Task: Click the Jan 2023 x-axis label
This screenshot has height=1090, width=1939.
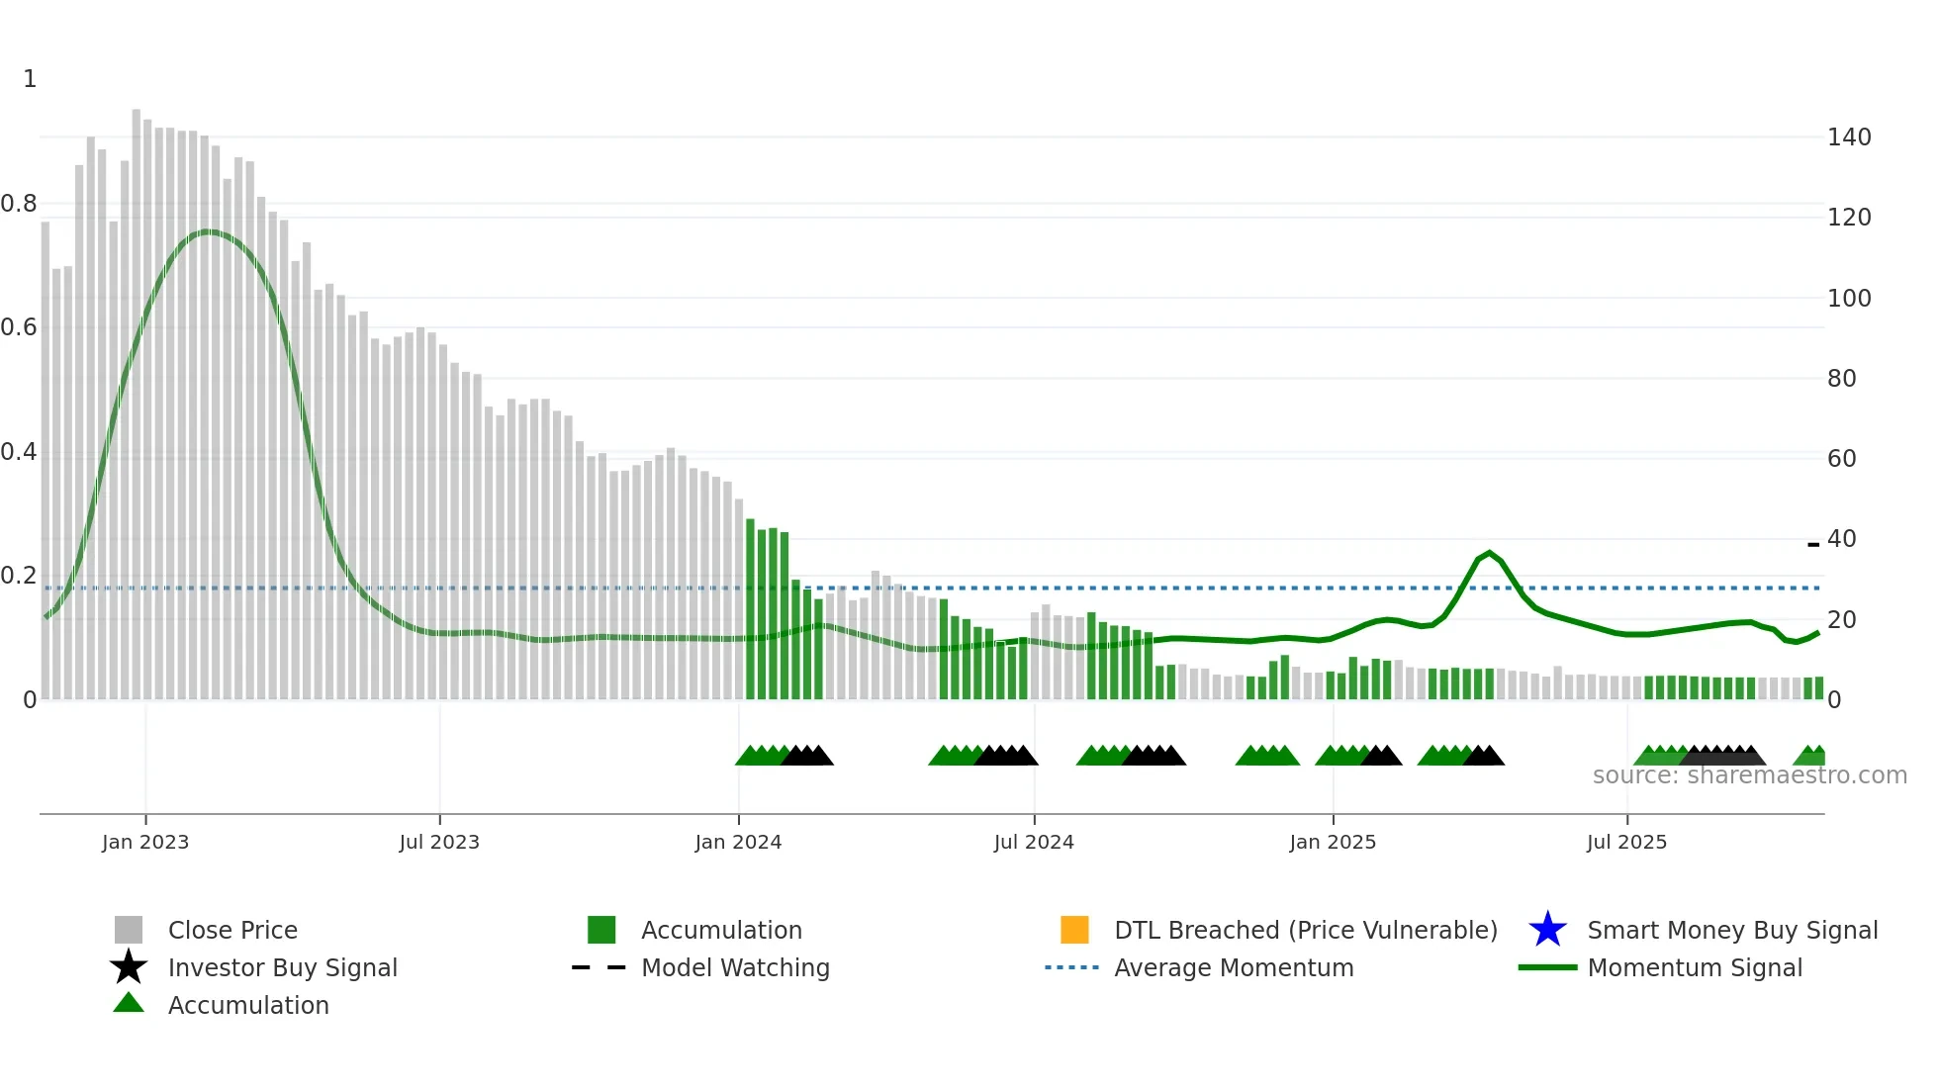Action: point(145,842)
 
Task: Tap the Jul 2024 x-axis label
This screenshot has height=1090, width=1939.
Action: point(1034,842)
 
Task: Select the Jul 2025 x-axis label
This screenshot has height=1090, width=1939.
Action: point(1626,842)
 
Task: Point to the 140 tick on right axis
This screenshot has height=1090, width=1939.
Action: point(1849,137)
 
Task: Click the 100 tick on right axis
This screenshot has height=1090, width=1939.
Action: point(1849,298)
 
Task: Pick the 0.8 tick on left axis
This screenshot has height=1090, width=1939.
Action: point(19,204)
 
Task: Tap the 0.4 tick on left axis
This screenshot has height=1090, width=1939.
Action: point(19,452)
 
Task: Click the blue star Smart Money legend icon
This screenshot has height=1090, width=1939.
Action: point(1547,930)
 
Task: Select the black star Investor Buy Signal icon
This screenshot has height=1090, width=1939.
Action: point(129,967)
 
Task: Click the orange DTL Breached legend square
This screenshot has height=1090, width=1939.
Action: point(1074,930)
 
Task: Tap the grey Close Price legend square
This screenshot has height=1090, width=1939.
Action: point(129,930)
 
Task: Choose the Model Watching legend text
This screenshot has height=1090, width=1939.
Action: point(735,967)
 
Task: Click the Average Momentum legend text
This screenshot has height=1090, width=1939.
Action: point(1234,967)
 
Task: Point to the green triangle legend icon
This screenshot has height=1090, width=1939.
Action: point(129,1003)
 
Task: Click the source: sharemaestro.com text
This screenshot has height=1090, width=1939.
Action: point(1749,775)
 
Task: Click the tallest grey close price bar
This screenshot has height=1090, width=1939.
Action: point(137,396)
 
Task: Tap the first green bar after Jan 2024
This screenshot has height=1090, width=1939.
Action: point(750,608)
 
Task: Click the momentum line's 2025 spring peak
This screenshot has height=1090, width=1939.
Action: point(1490,553)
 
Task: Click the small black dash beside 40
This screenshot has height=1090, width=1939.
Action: point(1813,544)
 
